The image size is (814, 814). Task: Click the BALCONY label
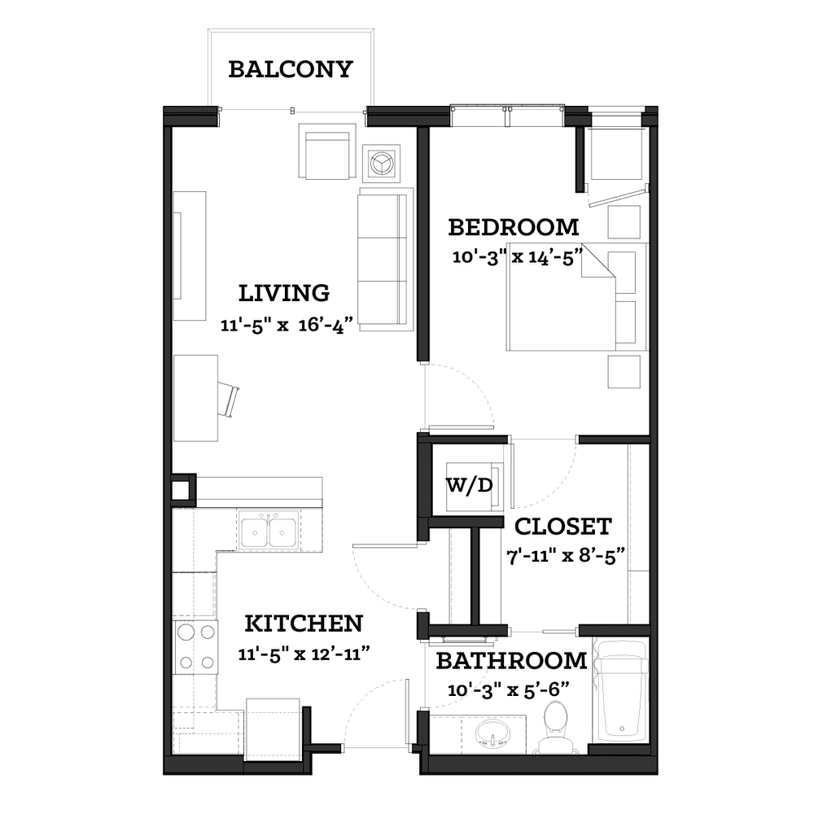[291, 69]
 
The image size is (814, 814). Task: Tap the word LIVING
[284, 293]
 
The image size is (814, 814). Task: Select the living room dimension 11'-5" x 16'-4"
[287, 326]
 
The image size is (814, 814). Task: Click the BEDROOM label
[514, 227]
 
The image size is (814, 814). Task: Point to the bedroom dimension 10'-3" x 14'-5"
[518, 257]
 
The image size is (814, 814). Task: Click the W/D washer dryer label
[470, 485]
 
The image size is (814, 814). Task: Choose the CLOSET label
[563, 527]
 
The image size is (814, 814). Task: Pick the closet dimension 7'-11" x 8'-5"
[566, 556]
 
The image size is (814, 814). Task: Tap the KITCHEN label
[304, 624]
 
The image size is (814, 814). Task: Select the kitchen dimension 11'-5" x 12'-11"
[304, 654]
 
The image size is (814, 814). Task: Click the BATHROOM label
[511, 661]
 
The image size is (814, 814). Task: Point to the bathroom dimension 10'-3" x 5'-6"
[509, 690]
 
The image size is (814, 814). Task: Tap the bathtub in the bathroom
[620, 691]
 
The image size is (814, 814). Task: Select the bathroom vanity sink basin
[492, 734]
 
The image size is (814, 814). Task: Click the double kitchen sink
[269, 530]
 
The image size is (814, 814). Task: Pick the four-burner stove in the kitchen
[195, 647]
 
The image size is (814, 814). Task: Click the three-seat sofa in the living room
[385, 259]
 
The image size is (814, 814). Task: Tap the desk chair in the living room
[229, 399]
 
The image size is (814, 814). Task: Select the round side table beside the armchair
[382, 164]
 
